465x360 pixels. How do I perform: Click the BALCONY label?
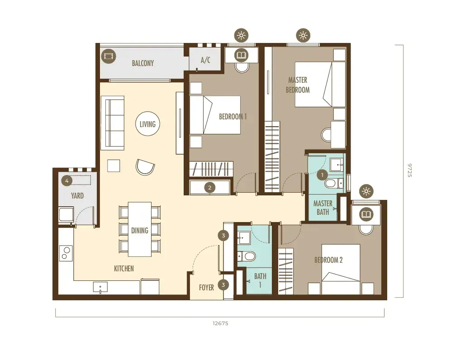[142, 63]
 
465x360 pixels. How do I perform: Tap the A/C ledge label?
[205, 60]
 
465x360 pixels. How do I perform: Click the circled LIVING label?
[147, 124]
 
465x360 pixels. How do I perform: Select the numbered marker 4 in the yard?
[67, 180]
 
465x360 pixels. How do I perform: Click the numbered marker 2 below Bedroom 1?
[210, 187]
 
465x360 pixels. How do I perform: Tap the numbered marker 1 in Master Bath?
[323, 175]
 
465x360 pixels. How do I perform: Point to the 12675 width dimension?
[220, 323]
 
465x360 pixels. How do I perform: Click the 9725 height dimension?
[409, 170]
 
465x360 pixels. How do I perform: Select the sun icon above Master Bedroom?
[303, 35]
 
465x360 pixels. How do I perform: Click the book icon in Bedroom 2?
[366, 214]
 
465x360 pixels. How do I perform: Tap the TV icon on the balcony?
[108, 56]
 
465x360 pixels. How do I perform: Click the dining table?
[140, 229]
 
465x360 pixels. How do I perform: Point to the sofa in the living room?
[112, 123]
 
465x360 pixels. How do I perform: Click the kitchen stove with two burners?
[66, 253]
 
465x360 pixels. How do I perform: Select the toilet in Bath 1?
[247, 256]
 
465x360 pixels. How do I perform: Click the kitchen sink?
[100, 287]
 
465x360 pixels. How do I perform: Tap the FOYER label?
[206, 287]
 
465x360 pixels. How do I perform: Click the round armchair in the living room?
[145, 167]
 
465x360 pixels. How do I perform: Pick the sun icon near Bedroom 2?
[366, 191]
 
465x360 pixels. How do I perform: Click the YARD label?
[77, 196]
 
